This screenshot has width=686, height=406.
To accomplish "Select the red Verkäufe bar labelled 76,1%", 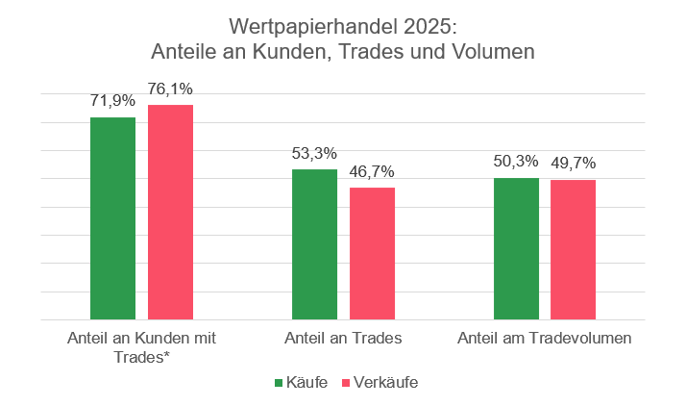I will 170,213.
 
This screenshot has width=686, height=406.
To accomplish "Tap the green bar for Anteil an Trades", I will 314,244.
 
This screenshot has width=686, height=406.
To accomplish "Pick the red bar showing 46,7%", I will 372,254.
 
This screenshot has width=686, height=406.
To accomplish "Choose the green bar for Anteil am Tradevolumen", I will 516,249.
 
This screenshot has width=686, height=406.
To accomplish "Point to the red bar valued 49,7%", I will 573,250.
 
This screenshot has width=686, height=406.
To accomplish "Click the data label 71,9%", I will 112,101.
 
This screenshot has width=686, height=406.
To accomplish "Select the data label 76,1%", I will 170,89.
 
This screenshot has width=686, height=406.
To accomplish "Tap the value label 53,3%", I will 314,153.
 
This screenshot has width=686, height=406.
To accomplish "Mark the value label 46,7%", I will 372,171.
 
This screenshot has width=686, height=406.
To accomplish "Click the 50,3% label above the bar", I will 516,162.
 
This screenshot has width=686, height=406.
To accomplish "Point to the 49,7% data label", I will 574,164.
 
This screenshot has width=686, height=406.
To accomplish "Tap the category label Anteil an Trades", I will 343,339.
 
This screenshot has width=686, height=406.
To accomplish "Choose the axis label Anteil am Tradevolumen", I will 544,339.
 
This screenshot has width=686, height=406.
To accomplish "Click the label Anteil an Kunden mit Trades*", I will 141,347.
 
